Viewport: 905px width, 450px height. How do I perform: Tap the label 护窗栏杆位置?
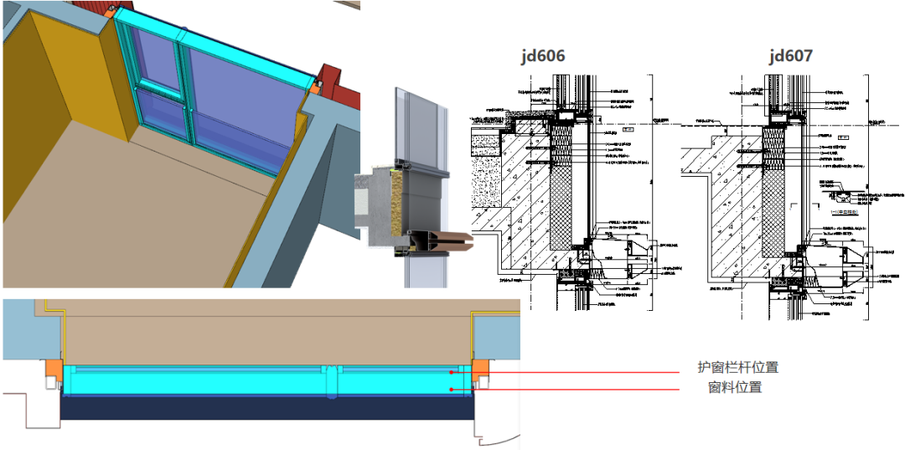click(737, 367)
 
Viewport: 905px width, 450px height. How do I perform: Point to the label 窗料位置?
click(735, 388)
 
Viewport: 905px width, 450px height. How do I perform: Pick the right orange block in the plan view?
click(481, 369)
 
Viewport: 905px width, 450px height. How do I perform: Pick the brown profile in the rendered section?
click(436, 242)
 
